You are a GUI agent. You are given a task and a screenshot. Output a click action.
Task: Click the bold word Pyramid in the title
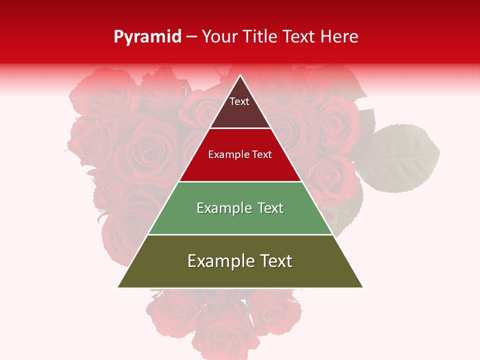147,37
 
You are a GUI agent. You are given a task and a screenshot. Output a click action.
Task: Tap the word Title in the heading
263,37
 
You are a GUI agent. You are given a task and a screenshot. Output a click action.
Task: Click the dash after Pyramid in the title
191,37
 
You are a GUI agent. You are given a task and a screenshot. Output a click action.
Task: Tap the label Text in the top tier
239,101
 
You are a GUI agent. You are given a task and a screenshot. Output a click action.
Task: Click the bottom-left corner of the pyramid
118,287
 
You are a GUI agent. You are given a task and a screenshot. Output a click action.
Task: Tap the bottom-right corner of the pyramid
362,287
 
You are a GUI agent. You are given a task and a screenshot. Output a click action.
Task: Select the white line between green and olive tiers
240,234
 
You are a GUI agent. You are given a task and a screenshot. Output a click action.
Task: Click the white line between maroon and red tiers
240,128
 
